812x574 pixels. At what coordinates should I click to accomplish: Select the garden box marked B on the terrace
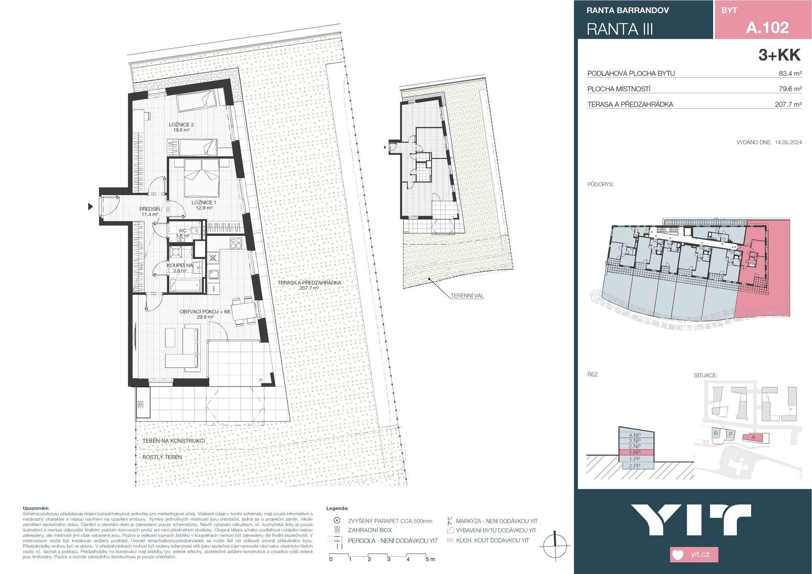tap(141, 405)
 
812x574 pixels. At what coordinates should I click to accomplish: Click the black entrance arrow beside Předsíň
tap(90, 207)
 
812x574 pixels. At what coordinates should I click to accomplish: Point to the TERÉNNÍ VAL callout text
tap(467, 295)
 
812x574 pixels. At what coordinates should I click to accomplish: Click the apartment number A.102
tap(767, 28)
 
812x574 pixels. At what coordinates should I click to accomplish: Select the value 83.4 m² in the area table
tap(790, 74)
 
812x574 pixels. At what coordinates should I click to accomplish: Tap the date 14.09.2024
tap(788, 142)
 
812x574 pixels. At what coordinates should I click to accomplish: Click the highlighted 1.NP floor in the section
tap(636, 452)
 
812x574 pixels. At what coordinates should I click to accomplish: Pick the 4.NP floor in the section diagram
tap(635, 435)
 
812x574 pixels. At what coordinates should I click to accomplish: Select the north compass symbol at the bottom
tap(555, 547)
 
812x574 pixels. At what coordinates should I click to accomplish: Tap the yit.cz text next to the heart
tap(700, 555)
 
